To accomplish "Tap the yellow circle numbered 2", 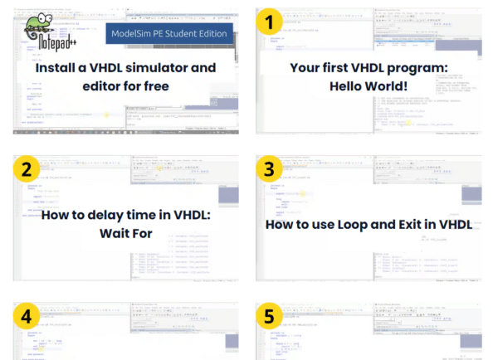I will pos(28,170).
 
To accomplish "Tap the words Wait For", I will pos(126,233).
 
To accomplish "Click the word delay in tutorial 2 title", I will pos(105,215).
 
